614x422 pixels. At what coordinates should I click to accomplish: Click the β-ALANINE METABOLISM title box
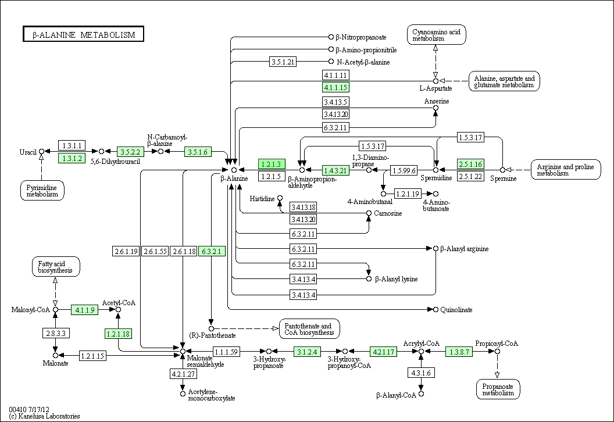tap(83, 34)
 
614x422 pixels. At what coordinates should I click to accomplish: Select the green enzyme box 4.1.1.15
tap(335, 88)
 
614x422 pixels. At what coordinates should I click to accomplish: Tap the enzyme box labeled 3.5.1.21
tap(284, 62)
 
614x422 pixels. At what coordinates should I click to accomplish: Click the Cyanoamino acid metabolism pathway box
tap(436, 35)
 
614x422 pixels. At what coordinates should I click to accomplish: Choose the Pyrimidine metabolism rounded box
tap(42, 190)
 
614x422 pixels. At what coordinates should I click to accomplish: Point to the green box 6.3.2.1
tap(212, 251)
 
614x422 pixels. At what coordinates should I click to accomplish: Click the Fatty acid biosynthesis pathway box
tap(55, 267)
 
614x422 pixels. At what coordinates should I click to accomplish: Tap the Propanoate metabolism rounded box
tap(497, 389)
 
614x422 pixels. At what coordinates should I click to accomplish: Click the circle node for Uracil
tap(41, 152)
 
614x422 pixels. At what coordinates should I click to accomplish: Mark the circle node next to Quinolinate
tap(435, 309)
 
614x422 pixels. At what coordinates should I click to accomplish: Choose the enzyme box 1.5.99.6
tap(404, 170)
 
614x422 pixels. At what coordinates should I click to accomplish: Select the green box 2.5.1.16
tap(471, 164)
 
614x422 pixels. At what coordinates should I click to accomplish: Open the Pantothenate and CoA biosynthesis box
tap(309, 329)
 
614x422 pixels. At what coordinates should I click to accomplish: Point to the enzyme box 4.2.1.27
tap(183, 374)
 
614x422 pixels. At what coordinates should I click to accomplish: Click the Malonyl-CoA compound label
tap(30, 310)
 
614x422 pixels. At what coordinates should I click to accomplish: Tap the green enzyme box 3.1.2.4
tap(307, 352)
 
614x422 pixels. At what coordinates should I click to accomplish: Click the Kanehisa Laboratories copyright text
tap(45, 416)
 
